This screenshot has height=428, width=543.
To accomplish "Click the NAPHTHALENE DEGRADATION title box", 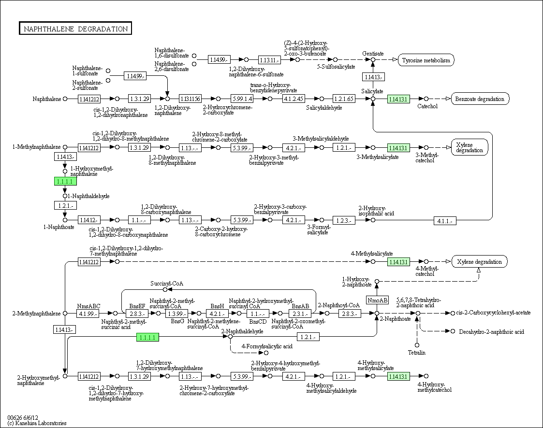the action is click(x=75, y=29).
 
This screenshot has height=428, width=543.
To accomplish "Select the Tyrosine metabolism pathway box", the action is click(x=426, y=60).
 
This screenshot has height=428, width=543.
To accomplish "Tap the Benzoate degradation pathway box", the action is click(x=480, y=99).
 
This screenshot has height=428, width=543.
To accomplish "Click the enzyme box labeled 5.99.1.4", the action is click(x=242, y=99).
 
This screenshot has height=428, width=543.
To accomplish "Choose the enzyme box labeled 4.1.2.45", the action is click(x=294, y=99).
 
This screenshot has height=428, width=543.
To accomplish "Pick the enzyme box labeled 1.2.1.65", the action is click(x=344, y=99).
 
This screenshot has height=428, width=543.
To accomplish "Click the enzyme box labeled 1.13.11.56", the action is click(x=190, y=99).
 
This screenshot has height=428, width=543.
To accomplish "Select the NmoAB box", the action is click(x=377, y=300).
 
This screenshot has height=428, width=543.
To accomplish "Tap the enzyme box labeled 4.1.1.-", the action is click(x=445, y=220).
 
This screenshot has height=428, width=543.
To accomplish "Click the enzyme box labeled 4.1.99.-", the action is click(x=88, y=314).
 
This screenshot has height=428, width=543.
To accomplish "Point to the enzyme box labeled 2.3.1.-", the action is click(x=300, y=314).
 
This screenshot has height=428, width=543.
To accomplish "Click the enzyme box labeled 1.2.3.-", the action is click(x=344, y=220).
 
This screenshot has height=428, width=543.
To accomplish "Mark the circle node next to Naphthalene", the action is click(x=65, y=99).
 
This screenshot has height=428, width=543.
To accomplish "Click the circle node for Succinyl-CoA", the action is click(x=165, y=289).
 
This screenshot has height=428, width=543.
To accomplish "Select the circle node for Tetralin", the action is click(x=417, y=345).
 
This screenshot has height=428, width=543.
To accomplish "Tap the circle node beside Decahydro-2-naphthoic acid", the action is click(x=453, y=331).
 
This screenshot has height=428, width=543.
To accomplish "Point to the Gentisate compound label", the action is click(x=373, y=53).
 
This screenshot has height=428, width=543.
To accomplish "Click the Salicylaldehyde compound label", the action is click(x=324, y=108).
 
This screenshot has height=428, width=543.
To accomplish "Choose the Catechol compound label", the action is click(x=427, y=106).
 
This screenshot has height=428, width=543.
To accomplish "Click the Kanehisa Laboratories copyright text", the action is click(x=37, y=423).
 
